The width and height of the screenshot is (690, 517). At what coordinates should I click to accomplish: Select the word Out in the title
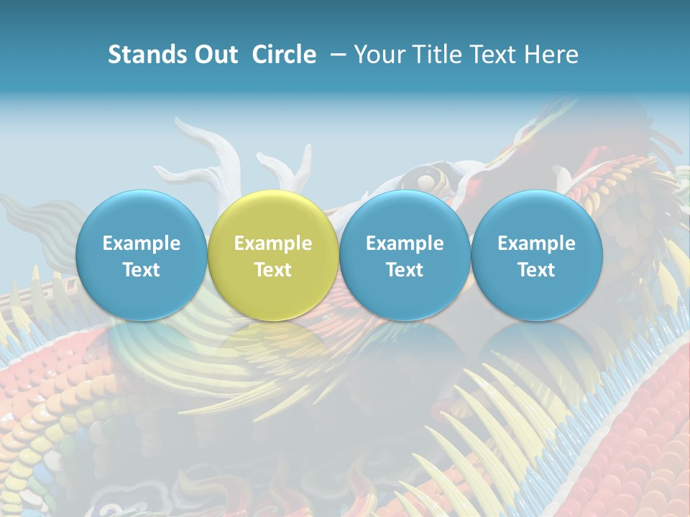214,55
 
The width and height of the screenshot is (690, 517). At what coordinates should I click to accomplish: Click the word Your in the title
375,55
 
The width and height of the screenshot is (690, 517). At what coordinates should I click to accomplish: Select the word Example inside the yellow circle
273,243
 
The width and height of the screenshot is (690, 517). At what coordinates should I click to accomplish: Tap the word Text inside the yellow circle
273,270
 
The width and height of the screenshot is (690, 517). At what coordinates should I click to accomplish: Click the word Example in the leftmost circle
142,243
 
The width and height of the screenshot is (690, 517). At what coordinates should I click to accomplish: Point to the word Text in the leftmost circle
142,270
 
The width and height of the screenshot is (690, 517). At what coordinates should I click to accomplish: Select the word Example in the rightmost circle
536,243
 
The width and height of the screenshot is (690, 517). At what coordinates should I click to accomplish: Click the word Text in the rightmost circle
536,270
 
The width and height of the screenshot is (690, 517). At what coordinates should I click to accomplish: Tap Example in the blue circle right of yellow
405,243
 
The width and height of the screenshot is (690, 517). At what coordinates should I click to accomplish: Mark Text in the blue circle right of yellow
405,270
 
